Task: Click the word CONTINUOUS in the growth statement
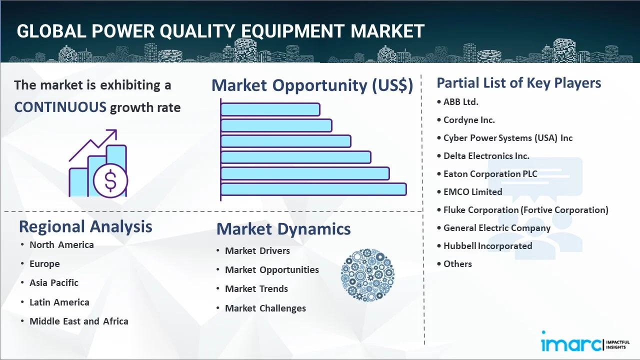click(x=60, y=107)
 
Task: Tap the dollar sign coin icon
click(x=110, y=180)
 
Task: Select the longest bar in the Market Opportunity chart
click(x=313, y=189)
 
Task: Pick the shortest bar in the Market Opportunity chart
click(x=270, y=109)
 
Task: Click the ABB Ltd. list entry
click(x=460, y=101)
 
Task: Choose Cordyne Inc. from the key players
click(x=469, y=120)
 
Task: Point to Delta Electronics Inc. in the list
click(x=486, y=156)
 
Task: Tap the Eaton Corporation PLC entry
click(x=490, y=174)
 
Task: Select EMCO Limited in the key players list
click(x=472, y=191)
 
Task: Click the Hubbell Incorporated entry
click(x=487, y=245)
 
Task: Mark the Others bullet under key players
click(x=457, y=263)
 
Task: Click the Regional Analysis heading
click(x=85, y=227)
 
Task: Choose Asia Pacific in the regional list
click(x=54, y=283)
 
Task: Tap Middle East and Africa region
click(x=79, y=321)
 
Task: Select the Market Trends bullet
click(x=256, y=289)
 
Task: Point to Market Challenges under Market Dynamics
click(x=265, y=308)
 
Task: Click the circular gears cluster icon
click(x=367, y=275)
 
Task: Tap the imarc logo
click(x=585, y=342)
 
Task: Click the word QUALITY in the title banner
click(x=197, y=31)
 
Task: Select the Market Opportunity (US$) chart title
click(x=312, y=85)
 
